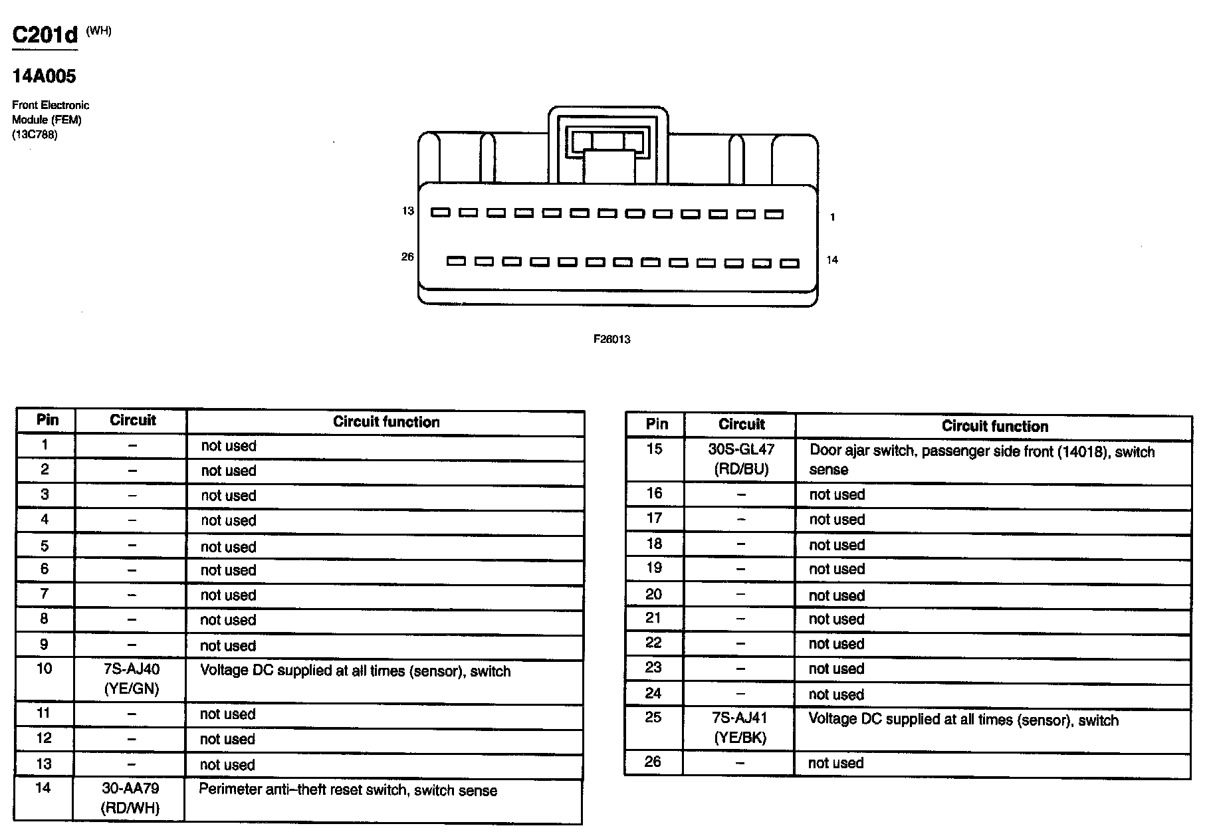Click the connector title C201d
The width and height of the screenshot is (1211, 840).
click(45, 35)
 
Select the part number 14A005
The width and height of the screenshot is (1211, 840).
click(44, 76)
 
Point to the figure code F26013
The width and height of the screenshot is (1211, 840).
click(611, 339)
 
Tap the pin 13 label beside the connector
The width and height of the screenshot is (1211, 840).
click(407, 211)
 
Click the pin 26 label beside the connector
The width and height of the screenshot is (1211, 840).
click(407, 257)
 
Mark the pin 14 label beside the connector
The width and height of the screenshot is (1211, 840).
click(832, 260)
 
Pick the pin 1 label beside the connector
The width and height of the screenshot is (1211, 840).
click(833, 217)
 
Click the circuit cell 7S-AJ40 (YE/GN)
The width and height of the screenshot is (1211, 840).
click(132, 679)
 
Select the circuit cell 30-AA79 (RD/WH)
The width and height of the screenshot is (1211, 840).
click(131, 798)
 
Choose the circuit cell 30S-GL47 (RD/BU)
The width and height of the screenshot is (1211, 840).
click(741, 459)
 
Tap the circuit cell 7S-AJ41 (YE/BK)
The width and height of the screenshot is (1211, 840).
click(740, 727)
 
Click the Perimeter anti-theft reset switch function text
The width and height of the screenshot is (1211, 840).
click(348, 790)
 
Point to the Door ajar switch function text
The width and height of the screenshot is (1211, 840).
click(982, 460)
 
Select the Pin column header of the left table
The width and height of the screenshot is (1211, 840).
click(47, 420)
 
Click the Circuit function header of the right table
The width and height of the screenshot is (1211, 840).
click(994, 426)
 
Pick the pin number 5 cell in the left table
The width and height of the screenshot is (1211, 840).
click(45, 546)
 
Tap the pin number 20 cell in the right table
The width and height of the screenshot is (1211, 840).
click(654, 594)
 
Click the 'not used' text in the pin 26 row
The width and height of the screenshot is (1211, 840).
click(835, 763)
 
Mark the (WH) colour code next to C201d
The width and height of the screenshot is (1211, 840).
click(98, 31)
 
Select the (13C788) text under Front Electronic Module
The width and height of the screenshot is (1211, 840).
click(35, 134)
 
